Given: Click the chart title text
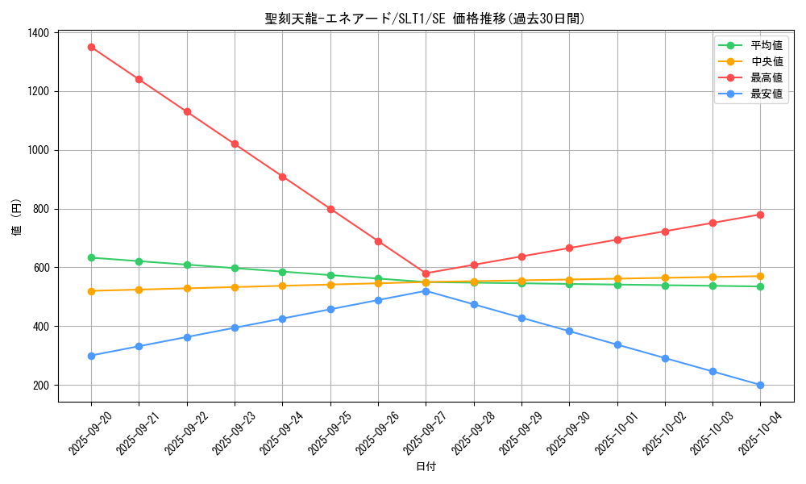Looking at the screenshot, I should (425, 19).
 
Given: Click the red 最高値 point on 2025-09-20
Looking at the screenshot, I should (91, 47).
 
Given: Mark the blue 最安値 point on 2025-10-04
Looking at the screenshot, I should (760, 385).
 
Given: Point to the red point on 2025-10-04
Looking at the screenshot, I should (760, 215).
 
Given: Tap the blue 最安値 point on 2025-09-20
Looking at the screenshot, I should (91, 356).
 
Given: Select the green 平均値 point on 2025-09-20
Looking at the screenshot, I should (91, 257).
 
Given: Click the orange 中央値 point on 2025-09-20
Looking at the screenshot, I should (91, 291).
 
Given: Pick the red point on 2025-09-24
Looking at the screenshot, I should (282, 177).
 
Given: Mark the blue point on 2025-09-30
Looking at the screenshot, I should (569, 331).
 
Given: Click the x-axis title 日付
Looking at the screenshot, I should (425, 467).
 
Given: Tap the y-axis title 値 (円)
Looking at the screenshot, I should (17, 217).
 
